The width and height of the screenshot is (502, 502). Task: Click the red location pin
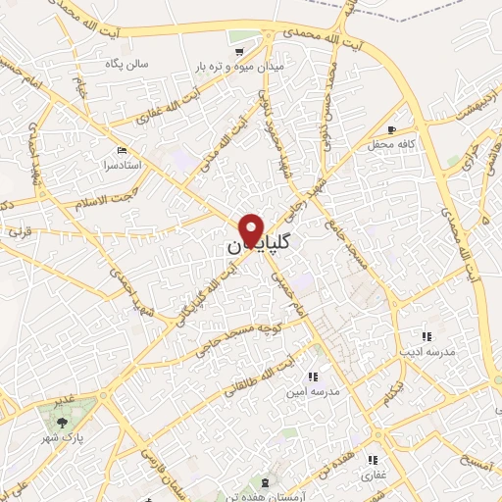coord(252,229)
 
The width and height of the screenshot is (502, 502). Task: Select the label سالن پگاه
coord(129,64)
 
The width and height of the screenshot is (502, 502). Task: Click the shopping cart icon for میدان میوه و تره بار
coord(238,50)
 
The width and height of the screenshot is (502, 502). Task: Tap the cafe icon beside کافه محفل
coord(392,130)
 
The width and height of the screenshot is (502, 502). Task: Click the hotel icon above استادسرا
coord(122,150)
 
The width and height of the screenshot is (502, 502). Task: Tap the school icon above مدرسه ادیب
coord(425,336)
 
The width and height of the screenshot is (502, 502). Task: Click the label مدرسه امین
coord(312,390)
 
